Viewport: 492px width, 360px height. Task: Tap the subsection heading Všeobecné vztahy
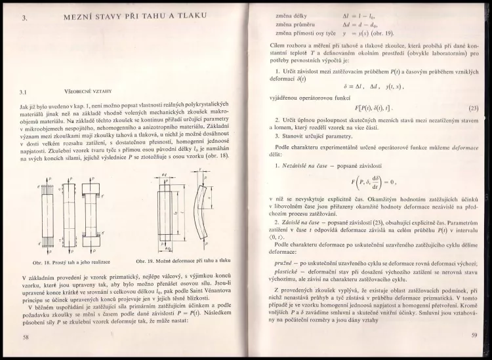pos(84,92)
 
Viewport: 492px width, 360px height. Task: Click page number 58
pos(26,337)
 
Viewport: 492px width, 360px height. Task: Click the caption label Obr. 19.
pos(146,262)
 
